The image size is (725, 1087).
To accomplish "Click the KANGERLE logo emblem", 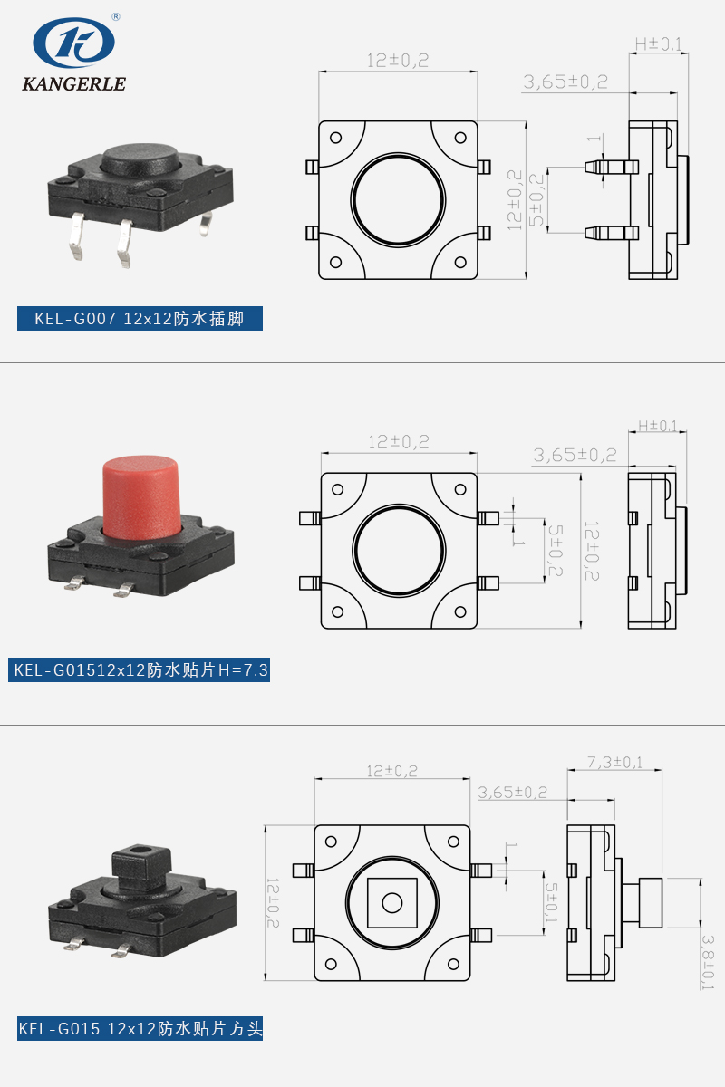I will [74, 43].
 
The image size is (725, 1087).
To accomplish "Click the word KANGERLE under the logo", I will [73, 84].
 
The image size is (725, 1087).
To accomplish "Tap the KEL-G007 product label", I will [140, 319].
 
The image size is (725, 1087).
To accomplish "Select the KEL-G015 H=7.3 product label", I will [140, 670].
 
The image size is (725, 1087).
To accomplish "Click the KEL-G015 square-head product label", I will [140, 1029].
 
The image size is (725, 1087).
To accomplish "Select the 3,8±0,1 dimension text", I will [708, 962].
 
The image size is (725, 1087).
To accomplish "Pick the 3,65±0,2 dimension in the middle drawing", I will [575, 455].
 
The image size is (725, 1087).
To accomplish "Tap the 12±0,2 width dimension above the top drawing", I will [397, 61].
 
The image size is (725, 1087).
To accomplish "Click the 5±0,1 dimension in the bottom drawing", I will [550, 901].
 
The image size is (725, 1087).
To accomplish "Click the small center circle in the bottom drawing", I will [391, 902].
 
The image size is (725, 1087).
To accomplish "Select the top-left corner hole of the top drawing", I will [335, 139].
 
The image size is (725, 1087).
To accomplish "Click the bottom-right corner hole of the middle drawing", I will [463, 611].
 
